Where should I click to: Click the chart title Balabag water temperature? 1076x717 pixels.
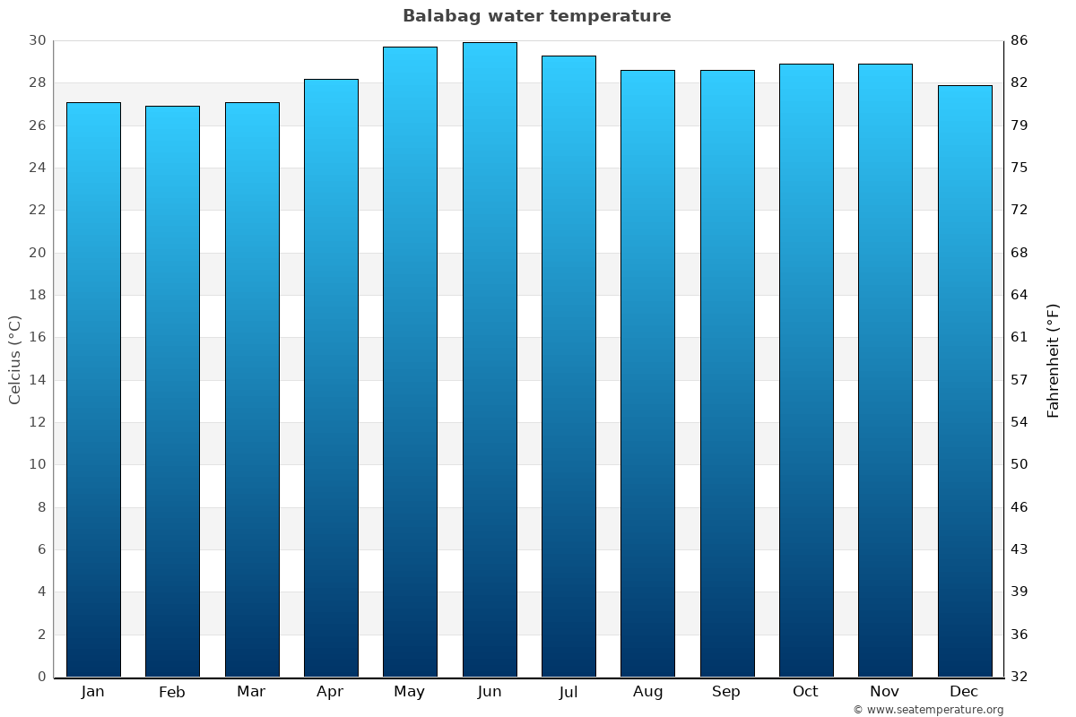coord(536,16)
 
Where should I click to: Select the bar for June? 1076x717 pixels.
coord(490,358)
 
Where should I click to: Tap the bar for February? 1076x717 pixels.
coord(172,391)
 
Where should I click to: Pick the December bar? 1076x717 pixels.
coord(965,381)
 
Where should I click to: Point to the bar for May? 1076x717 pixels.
coord(410,361)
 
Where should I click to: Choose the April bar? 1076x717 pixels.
coord(331,377)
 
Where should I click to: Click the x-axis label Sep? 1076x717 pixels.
coord(726,692)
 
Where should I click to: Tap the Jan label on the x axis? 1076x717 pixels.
coord(93,692)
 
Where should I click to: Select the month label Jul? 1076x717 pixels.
coord(568,692)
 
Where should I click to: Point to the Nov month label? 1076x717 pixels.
coord(885,692)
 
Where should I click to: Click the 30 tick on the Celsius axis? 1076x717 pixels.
coord(37,41)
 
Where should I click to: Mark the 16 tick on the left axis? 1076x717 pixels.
coord(37,338)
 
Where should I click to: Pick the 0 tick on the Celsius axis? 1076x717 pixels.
coord(41,677)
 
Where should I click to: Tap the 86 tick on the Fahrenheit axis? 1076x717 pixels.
coord(1020,41)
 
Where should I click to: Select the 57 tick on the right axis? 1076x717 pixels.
coord(1020,380)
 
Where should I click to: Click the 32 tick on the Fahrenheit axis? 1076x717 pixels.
coord(1020,677)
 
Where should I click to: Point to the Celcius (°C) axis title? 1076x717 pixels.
coord(15,359)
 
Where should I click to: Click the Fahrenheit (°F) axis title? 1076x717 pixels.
coord(1054,359)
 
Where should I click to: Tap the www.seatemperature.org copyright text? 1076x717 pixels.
coord(928,710)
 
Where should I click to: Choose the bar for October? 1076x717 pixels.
coord(806,370)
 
